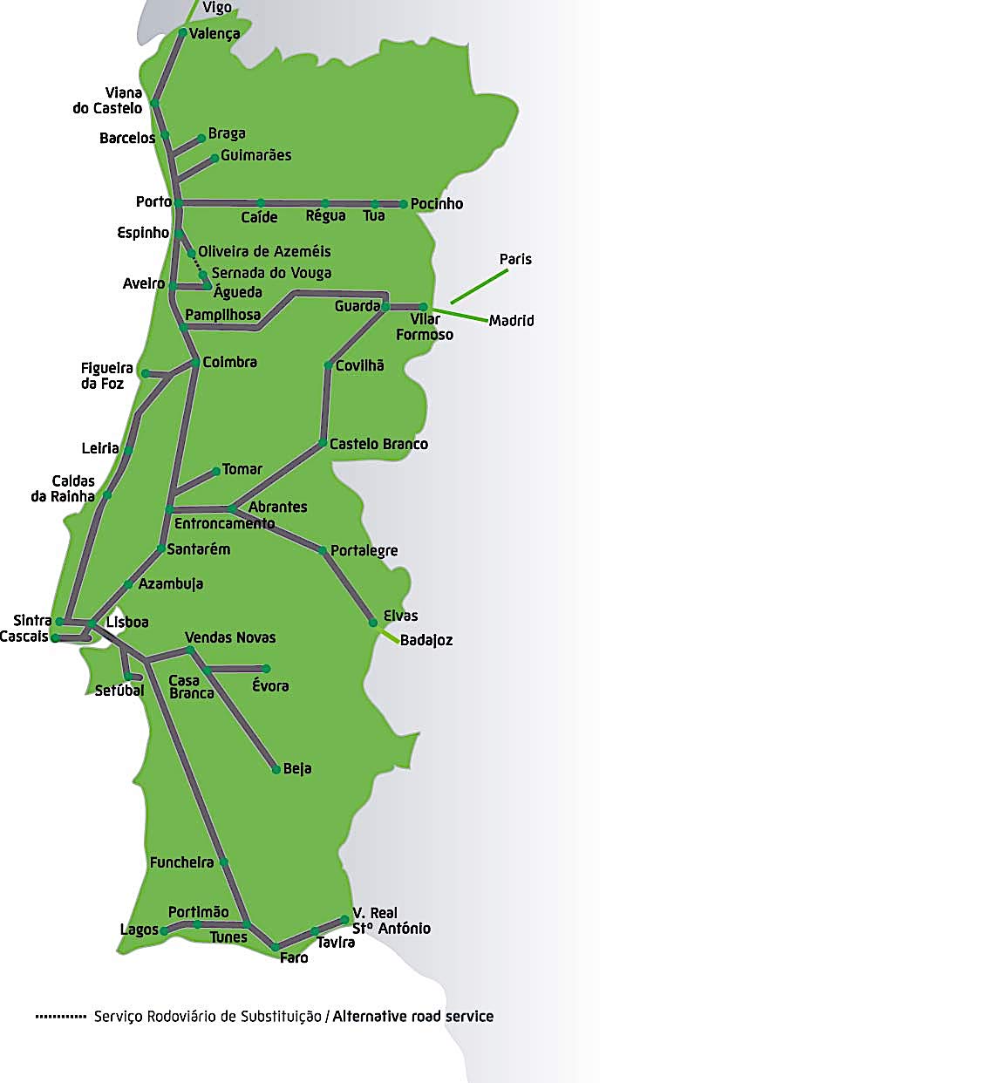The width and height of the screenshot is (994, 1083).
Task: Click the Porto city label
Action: pos(153,201)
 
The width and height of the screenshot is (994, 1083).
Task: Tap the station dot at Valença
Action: pos(182,33)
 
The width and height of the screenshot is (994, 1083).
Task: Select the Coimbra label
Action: pos(229,362)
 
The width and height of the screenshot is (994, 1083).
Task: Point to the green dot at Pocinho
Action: pos(404,204)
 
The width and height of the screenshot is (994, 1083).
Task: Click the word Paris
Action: pos(515,259)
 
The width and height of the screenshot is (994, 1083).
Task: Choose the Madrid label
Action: pos(511,320)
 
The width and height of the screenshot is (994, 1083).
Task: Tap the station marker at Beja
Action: pos(276,769)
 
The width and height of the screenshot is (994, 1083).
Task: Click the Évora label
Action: pos(270,686)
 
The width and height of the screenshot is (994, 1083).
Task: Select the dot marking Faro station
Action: pos(276,946)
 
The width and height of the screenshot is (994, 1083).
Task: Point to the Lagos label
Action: pos(139,930)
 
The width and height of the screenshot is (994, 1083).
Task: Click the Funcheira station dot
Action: pos(223,862)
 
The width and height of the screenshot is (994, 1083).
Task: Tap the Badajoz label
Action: pos(426,640)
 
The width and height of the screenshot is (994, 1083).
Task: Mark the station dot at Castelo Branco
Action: pos(322,444)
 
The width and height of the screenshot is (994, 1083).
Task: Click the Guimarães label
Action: pos(255,155)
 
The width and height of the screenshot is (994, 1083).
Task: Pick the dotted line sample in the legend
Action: pos(61,1016)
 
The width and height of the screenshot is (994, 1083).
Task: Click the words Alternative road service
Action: pos(412,1016)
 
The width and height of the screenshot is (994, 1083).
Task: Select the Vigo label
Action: pos(217,8)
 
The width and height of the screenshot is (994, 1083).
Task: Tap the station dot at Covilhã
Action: pos(328,366)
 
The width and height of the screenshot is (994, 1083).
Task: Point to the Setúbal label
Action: pos(119,691)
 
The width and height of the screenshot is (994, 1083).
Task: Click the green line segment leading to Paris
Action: pos(479,286)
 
